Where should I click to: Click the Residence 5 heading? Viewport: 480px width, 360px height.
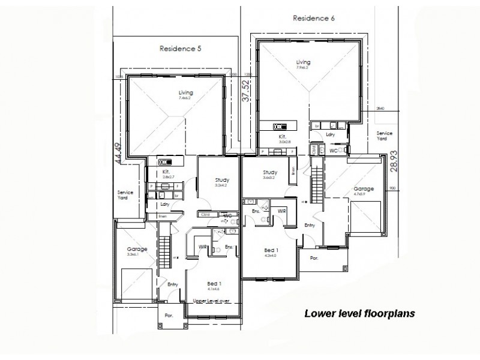coord(180,48)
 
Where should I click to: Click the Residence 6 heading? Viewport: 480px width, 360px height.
coord(313,18)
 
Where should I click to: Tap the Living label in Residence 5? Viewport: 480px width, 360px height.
coord(185,93)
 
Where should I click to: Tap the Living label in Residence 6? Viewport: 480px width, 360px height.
coord(304,61)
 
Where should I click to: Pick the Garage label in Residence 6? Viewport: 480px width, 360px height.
coord(364,188)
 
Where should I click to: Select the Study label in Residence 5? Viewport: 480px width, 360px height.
coord(216,179)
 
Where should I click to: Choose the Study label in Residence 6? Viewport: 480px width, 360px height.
coord(269,172)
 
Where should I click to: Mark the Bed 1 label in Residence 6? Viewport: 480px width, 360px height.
coord(271,250)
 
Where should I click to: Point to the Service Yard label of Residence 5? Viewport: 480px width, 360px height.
coord(125,195)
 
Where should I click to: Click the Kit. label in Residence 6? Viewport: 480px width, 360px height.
coord(281,136)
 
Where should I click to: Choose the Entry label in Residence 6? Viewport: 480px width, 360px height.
coord(310,225)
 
